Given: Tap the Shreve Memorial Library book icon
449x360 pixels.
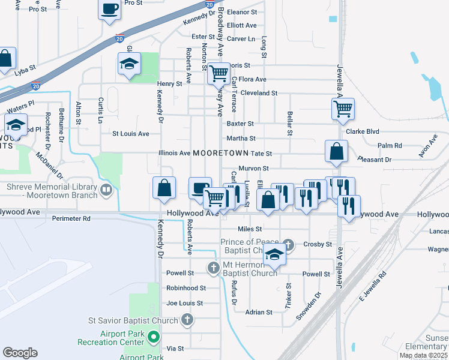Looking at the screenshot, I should (x=106, y=190).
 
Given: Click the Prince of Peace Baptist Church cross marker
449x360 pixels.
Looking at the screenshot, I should (x=289, y=244).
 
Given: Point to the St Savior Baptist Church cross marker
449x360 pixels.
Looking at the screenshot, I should (x=187, y=319).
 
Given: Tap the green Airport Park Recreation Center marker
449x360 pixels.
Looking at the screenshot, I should (x=153, y=337).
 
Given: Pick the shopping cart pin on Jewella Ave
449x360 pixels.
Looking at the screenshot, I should (x=343, y=109).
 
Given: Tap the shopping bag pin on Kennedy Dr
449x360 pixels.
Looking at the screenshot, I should (x=164, y=188).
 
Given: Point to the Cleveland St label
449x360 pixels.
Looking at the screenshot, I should (x=258, y=94).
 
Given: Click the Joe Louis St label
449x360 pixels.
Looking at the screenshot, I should (x=185, y=304).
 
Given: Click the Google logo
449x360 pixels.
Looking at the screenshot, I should (x=20, y=353).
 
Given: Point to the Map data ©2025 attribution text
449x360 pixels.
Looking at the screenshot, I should (x=423, y=356).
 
